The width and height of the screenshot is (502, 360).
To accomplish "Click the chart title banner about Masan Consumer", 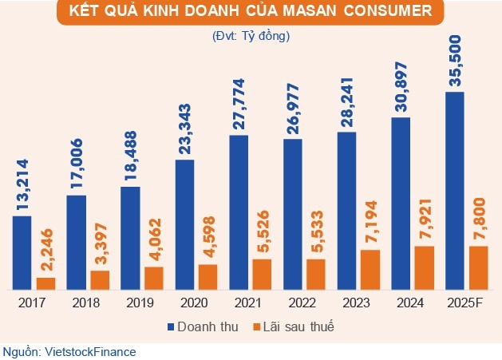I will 251,13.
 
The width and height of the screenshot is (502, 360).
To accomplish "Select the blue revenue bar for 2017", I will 22,251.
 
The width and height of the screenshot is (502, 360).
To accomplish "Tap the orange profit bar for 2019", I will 153,277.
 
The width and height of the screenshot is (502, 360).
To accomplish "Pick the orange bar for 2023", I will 370,269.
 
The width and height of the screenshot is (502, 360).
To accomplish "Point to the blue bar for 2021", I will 239,212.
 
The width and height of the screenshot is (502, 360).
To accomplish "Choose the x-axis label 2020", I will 196,303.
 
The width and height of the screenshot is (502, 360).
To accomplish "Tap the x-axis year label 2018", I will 87,303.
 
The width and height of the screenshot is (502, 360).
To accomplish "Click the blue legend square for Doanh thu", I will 170,327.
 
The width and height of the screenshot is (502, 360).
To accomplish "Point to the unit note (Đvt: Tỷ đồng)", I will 251,36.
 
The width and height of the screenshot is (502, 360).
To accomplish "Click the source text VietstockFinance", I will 89,351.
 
